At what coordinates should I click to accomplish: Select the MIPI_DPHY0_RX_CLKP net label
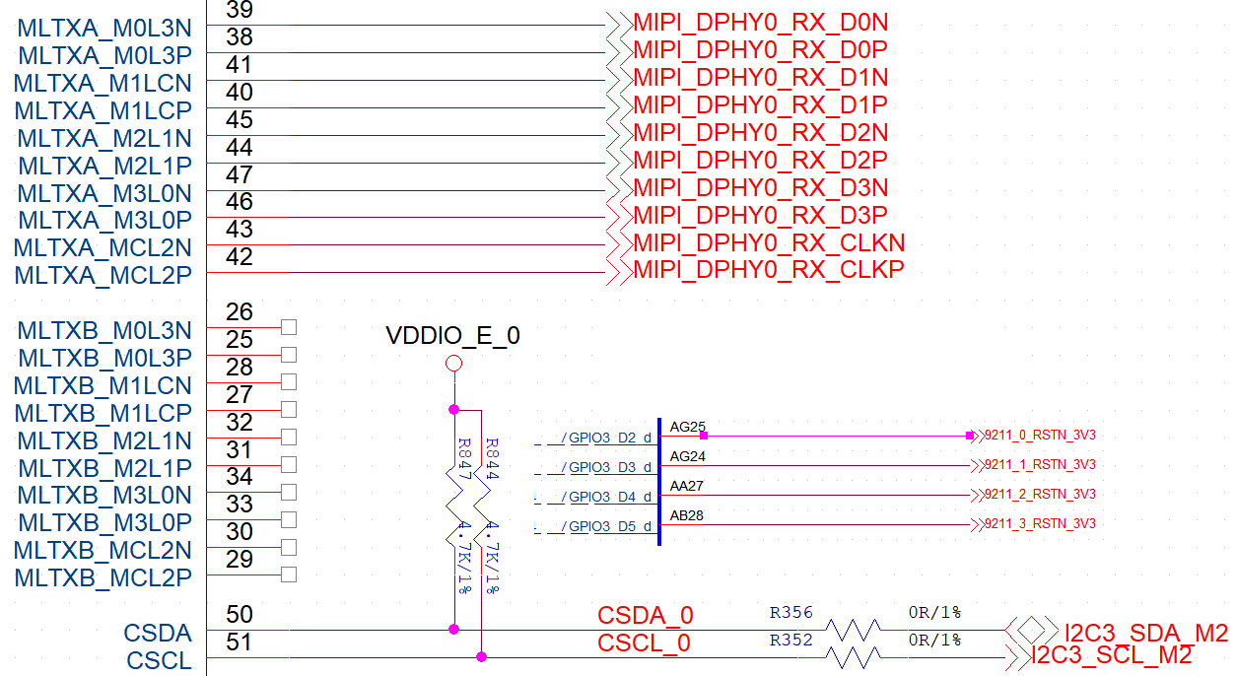coord(768,270)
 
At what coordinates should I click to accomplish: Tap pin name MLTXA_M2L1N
coord(104,138)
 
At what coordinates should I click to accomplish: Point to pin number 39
coord(240,11)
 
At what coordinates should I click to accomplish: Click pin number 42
coord(240,257)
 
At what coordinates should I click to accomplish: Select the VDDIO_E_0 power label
coord(453,337)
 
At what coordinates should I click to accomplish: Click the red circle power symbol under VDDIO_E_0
coord(453,365)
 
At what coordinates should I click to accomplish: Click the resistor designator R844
coord(492,459)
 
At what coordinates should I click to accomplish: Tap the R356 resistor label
coord(791,613)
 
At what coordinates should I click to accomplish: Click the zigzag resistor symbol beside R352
coord(854,656)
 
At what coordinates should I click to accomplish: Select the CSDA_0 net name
coord(646,616)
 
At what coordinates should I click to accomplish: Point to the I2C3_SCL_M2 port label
coord(1111,655)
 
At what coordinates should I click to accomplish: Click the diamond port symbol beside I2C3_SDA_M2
coord(1031,629)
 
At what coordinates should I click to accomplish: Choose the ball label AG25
coord(687,428)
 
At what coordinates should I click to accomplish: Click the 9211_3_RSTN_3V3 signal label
coord(1040,524)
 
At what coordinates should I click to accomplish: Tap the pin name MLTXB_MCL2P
coord(103,577)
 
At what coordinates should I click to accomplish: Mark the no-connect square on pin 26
coord(289,327)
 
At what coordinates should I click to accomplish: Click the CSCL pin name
coord(159,660)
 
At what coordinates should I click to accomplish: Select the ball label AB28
coord(687,516)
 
